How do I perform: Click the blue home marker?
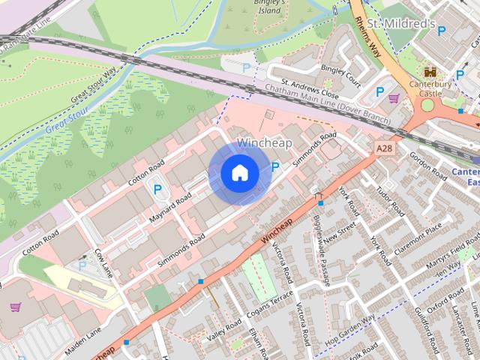239,173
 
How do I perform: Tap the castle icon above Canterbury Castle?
430,73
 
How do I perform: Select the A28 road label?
384,148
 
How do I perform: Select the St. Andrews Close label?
310,90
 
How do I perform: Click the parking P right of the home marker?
275,166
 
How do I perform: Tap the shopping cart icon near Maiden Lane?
15,307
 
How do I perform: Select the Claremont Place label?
424,234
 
